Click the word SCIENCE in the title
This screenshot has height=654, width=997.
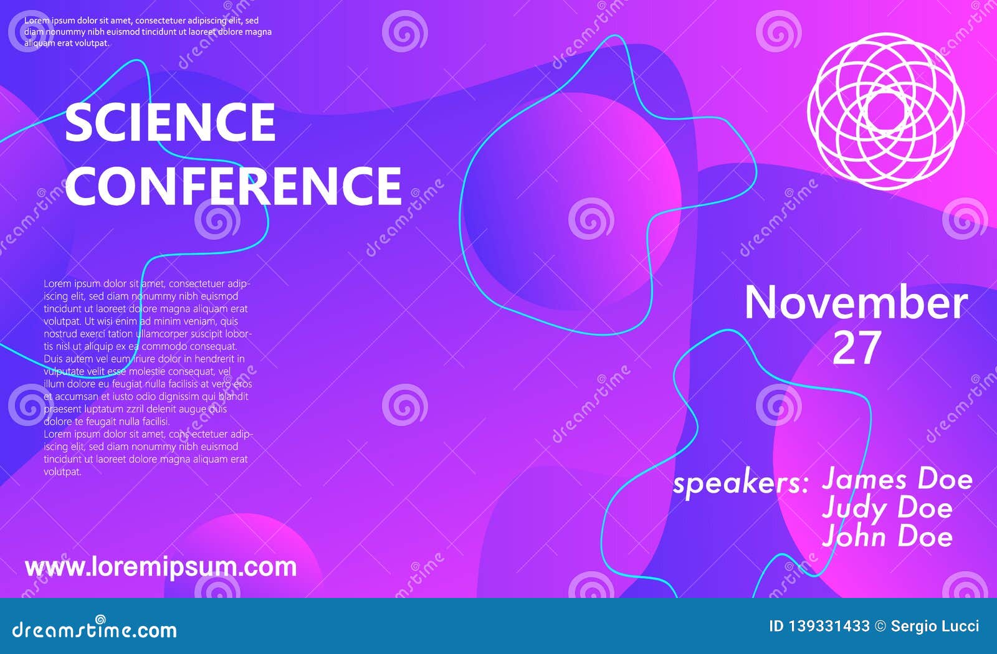(170, 122)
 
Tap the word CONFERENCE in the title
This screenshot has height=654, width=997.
(234, 186)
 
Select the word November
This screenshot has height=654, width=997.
(856, 302)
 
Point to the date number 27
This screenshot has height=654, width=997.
(856, 348)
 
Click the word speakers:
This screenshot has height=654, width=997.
(740, 483)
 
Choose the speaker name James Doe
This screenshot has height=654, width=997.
(897, 479)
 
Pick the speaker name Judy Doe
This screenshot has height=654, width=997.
(887, 508)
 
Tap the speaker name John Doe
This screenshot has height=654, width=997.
(887, 537)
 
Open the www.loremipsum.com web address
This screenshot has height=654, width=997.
(161, 567)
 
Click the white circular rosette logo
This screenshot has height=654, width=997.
(885, 111)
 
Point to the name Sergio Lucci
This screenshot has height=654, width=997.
(935, 626)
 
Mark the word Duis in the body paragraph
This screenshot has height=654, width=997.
(54, 359)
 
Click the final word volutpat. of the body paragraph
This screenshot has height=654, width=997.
(62, 472)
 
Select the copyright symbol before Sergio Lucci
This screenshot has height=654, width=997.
(880, 626)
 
